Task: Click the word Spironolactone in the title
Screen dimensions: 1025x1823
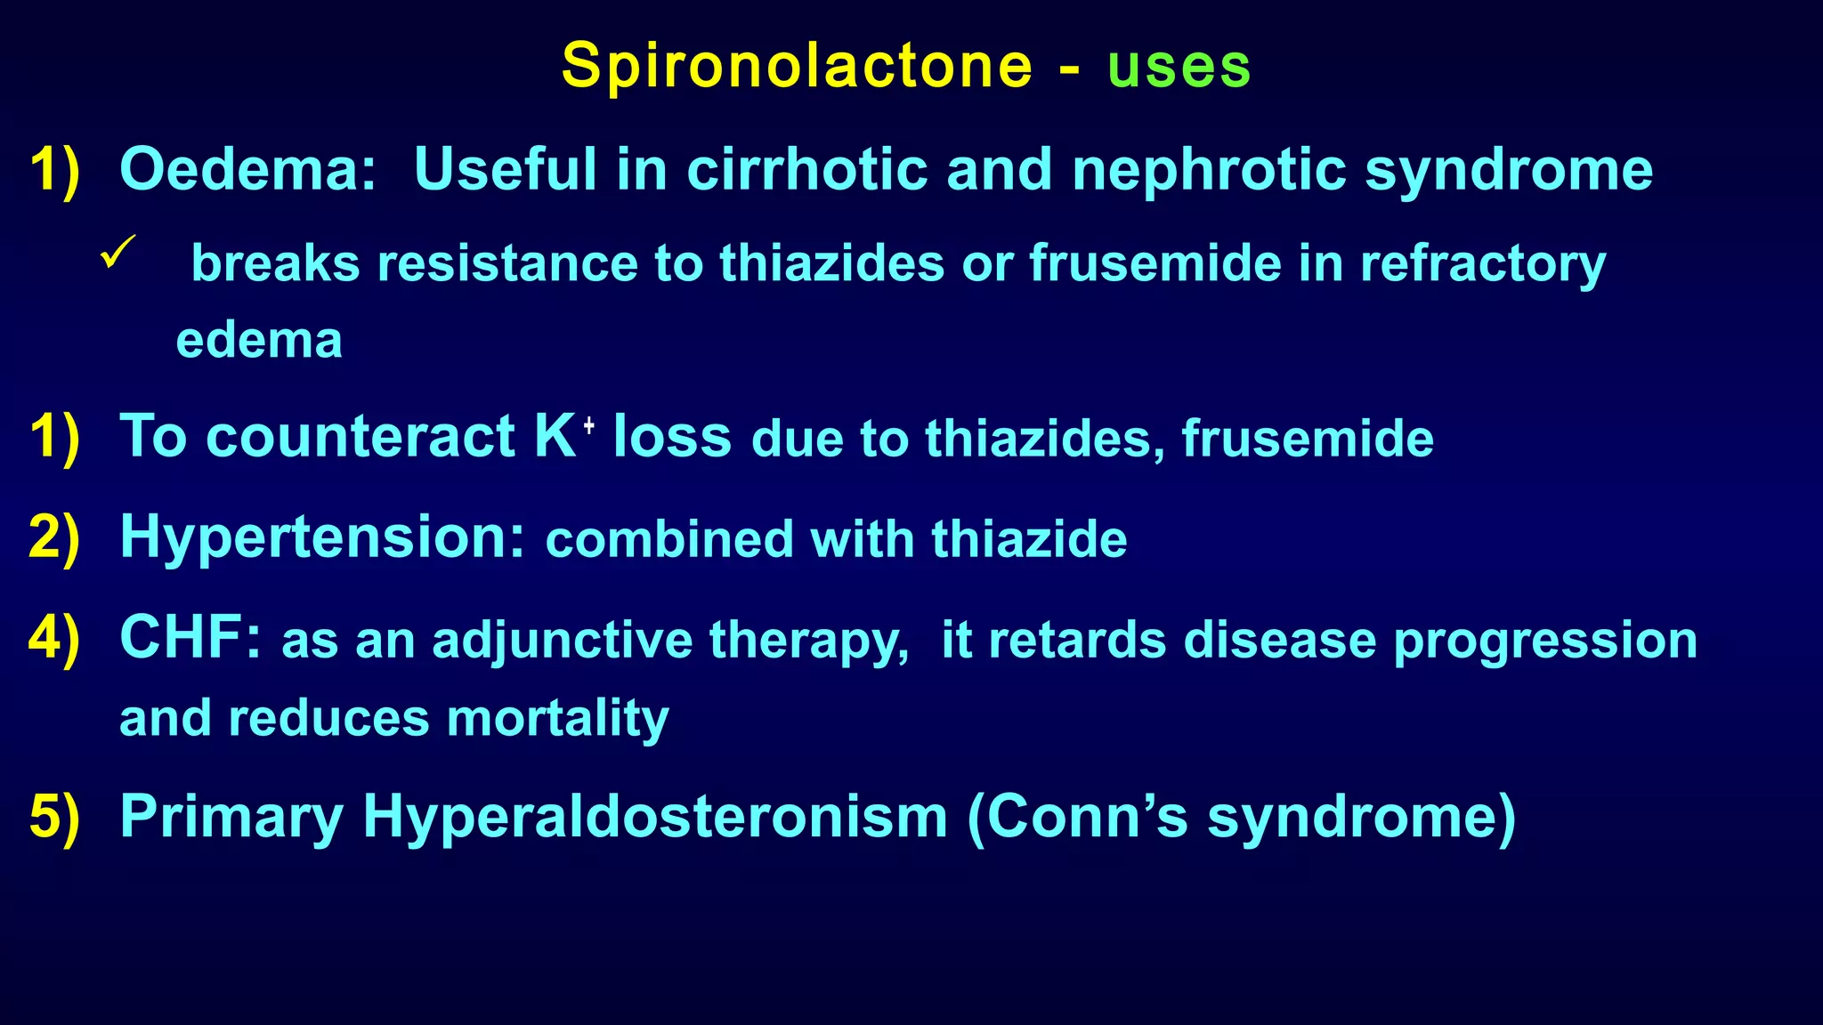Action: [797, 67]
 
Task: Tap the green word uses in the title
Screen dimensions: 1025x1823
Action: [1179, 67]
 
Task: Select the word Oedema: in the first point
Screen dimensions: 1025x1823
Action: [248, 169]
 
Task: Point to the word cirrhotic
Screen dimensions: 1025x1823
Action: [806, 169]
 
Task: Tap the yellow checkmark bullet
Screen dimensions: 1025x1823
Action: [117, 251]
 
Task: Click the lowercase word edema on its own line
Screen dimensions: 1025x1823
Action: [259, 341]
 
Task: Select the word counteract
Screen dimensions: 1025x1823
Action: [361, 436]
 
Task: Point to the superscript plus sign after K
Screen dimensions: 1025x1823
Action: [588, 427]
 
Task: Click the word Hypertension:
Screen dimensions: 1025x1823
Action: [323, 537]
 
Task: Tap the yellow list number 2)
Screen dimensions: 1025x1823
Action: [54, 537]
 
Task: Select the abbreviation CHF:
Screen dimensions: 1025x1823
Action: [191, 638]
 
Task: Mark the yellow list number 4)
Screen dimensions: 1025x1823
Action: [54, 638]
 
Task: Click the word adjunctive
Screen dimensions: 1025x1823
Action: [563, 641]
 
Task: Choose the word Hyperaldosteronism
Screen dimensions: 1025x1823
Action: [655, 816]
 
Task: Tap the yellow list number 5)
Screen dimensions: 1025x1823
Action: [54, 816]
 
